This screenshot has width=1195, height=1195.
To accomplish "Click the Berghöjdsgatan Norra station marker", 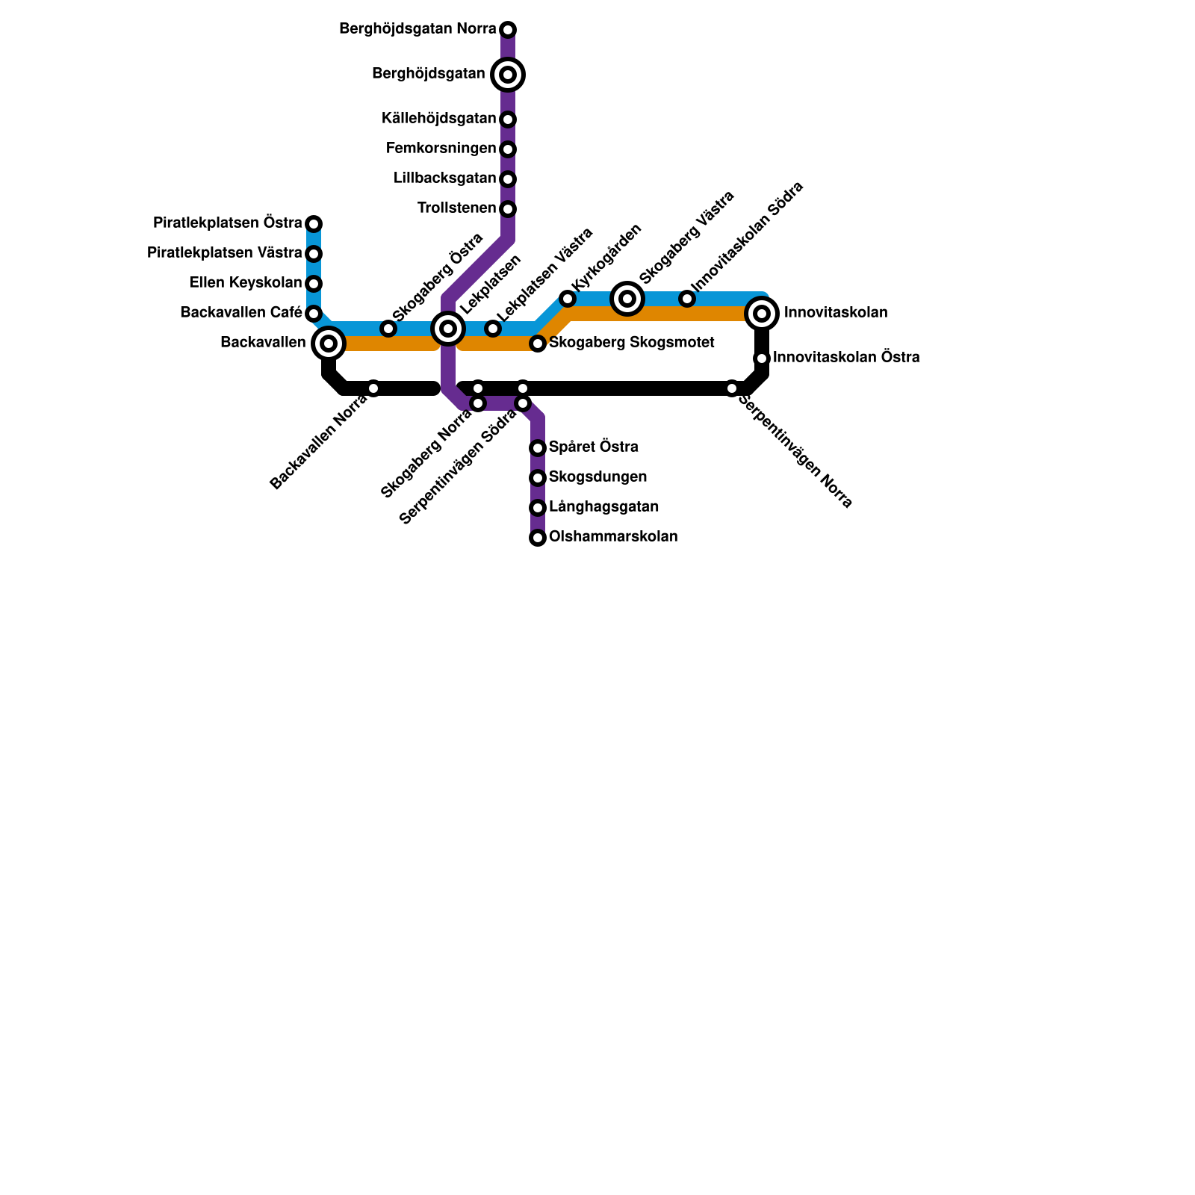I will tap(508, 30).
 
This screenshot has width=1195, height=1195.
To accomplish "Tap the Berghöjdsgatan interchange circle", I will tap(508, 75).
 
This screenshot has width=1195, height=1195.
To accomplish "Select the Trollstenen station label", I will tap(457, 208).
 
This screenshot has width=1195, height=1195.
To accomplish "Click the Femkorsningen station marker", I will tap(508, 149).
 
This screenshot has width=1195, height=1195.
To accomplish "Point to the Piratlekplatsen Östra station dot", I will tap(314, 224).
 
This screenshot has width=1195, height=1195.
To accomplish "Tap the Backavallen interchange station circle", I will tap(329, 344).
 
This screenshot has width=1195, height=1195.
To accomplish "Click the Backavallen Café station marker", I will tap(314, 314).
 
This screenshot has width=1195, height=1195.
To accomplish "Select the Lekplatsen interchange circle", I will tap(448, 329).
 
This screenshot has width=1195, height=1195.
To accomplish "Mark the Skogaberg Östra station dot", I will tap(388, 329).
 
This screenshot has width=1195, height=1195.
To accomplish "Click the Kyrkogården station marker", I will tap(568, 299).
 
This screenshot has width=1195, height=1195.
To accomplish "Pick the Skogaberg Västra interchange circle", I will tap(627, 299).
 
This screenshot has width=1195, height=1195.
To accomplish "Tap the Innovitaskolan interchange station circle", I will tap(762, 314).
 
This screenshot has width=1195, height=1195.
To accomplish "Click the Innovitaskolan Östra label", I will tap(846, 358).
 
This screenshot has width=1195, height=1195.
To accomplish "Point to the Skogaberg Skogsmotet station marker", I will tap(538, 344).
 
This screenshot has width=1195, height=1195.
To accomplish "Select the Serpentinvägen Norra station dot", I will tap(732, 388).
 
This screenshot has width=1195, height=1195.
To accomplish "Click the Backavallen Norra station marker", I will tap(373, 388).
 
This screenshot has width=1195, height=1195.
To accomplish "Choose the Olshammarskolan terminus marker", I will tap(538, 538).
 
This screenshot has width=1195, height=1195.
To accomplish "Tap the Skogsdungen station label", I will tap(597, 477).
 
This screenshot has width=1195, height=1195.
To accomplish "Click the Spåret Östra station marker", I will tap(538, 448).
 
